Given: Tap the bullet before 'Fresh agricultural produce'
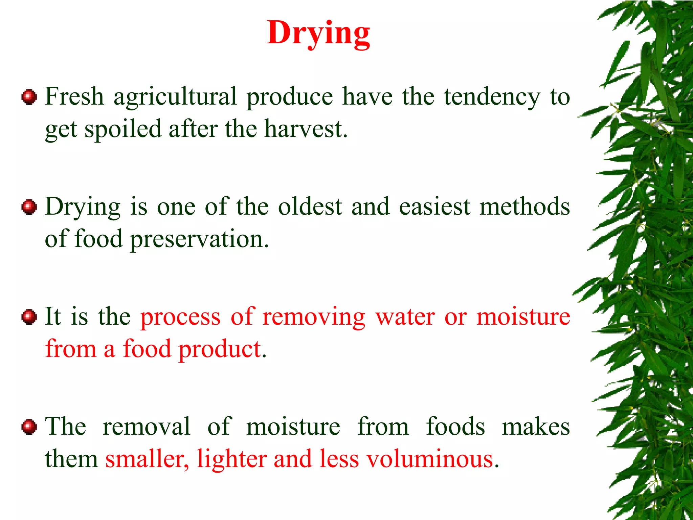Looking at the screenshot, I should [x=29, y=97].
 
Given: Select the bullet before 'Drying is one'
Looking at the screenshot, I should [x=29, y=207].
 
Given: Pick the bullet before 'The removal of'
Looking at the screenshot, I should [x=29, y=427].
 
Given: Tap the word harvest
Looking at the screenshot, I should [x=306, y=129].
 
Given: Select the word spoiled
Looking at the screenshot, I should [x=123, y=130].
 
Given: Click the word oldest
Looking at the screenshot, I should [x=310, y=207].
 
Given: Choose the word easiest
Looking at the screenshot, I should [x=434, y=207].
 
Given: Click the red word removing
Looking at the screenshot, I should [x=314, y=317].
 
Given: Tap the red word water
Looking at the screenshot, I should [x=405, y=317].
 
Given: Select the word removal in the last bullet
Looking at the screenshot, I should [x=146, y=427].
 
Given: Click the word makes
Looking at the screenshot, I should [x=536, y=427].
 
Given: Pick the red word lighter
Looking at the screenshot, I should [x=232, y=459].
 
